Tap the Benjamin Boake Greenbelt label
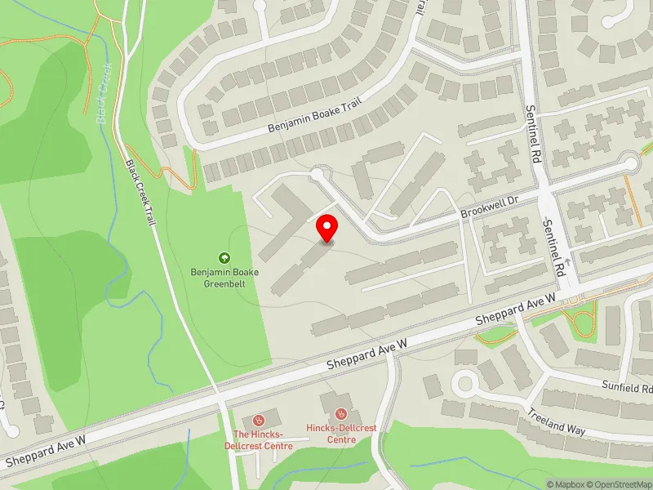(224, 278)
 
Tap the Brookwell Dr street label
(489, 206)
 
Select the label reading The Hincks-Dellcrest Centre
(263, 440)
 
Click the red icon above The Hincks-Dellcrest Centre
(260, 420)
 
